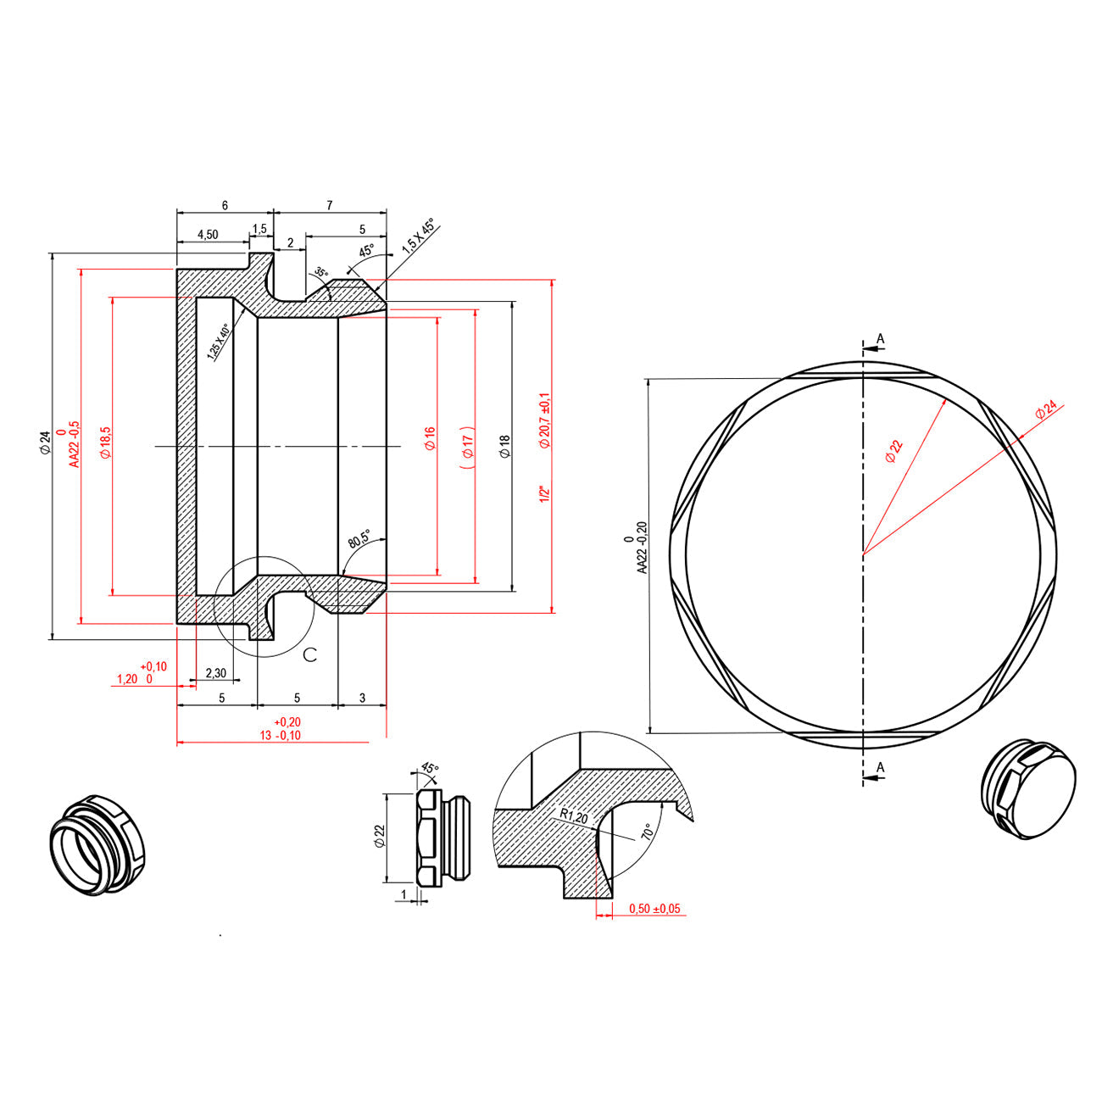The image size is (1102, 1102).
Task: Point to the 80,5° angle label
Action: click(x=359, y=539)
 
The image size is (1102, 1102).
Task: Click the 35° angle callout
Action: click(x=320, y=273)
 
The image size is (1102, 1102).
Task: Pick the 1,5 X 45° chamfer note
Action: click(x=418, y=237)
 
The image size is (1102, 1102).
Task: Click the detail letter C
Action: click(x=310, y=654)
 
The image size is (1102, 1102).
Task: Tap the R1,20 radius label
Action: click(x=573, y=816)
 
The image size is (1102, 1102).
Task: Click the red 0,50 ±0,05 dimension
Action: click(x=654, y=909)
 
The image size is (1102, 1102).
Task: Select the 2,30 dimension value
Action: click(x=215, y=673)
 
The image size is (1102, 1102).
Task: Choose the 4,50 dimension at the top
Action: click(x=208, y=234)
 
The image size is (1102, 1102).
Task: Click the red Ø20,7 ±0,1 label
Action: click(x=544, y=420)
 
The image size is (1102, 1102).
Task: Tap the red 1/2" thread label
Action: click(x=546, y=493)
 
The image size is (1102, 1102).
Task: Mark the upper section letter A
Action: click(x=880, y=339)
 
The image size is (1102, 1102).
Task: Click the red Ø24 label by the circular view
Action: click(x=1047, y=411)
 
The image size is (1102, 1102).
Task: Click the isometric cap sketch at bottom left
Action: click(x=96, y=845)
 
